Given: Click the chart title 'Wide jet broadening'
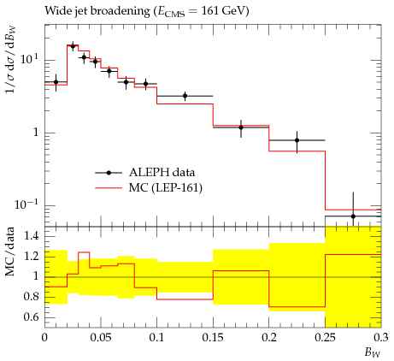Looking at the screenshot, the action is coord(97,11).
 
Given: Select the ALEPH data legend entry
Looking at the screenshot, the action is coord(145,173).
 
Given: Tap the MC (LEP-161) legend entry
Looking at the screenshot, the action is coord(149,188).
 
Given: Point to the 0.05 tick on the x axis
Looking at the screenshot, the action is coord(101,338).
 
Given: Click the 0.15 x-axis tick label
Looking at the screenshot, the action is coord(213,338).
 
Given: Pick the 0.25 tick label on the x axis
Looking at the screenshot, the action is coord(325,338).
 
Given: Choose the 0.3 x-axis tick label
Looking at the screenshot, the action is coord(381,338).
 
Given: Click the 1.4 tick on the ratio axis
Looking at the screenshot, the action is coord(31,236).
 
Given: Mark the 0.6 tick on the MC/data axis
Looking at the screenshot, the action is coord(31,317).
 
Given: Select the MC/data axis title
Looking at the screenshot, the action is coord(10,252).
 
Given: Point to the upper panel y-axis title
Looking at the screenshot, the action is coord(10,59).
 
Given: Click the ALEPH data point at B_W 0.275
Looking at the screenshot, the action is coord(353,216).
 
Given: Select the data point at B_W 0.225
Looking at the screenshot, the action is coord(297,140).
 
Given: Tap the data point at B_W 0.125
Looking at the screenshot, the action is coord(185,96).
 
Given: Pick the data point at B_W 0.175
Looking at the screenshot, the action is coord(241,127).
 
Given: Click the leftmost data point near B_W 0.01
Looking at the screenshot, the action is coord(56,82).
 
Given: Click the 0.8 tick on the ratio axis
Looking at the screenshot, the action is coord(31,297).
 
